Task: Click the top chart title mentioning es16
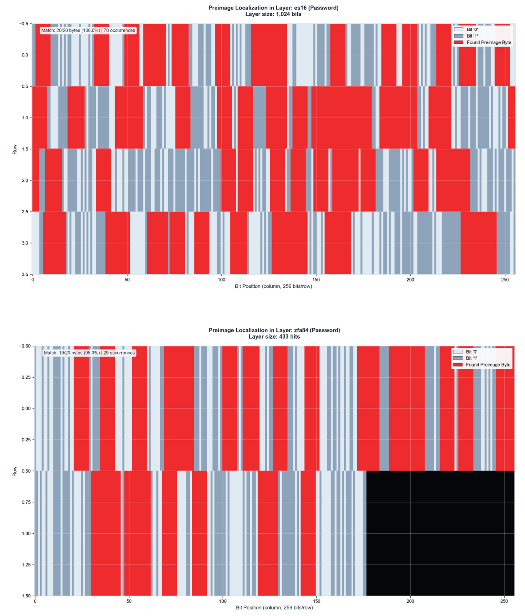tap(273, 8)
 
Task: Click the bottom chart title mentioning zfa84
tap(274, 330)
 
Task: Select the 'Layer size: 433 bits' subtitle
tap(274, 337)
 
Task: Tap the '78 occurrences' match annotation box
tap(88, 30)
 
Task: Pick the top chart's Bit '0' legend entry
tap(472, 29)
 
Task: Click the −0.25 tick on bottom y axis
tap(25, 377)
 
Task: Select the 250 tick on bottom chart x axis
tap(504, 601)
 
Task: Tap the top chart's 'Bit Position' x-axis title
tap(273, 286)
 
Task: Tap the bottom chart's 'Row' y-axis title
tap(15, 472)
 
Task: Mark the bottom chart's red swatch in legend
tap(458, 365)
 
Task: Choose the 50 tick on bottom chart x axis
tap(129, 601)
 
